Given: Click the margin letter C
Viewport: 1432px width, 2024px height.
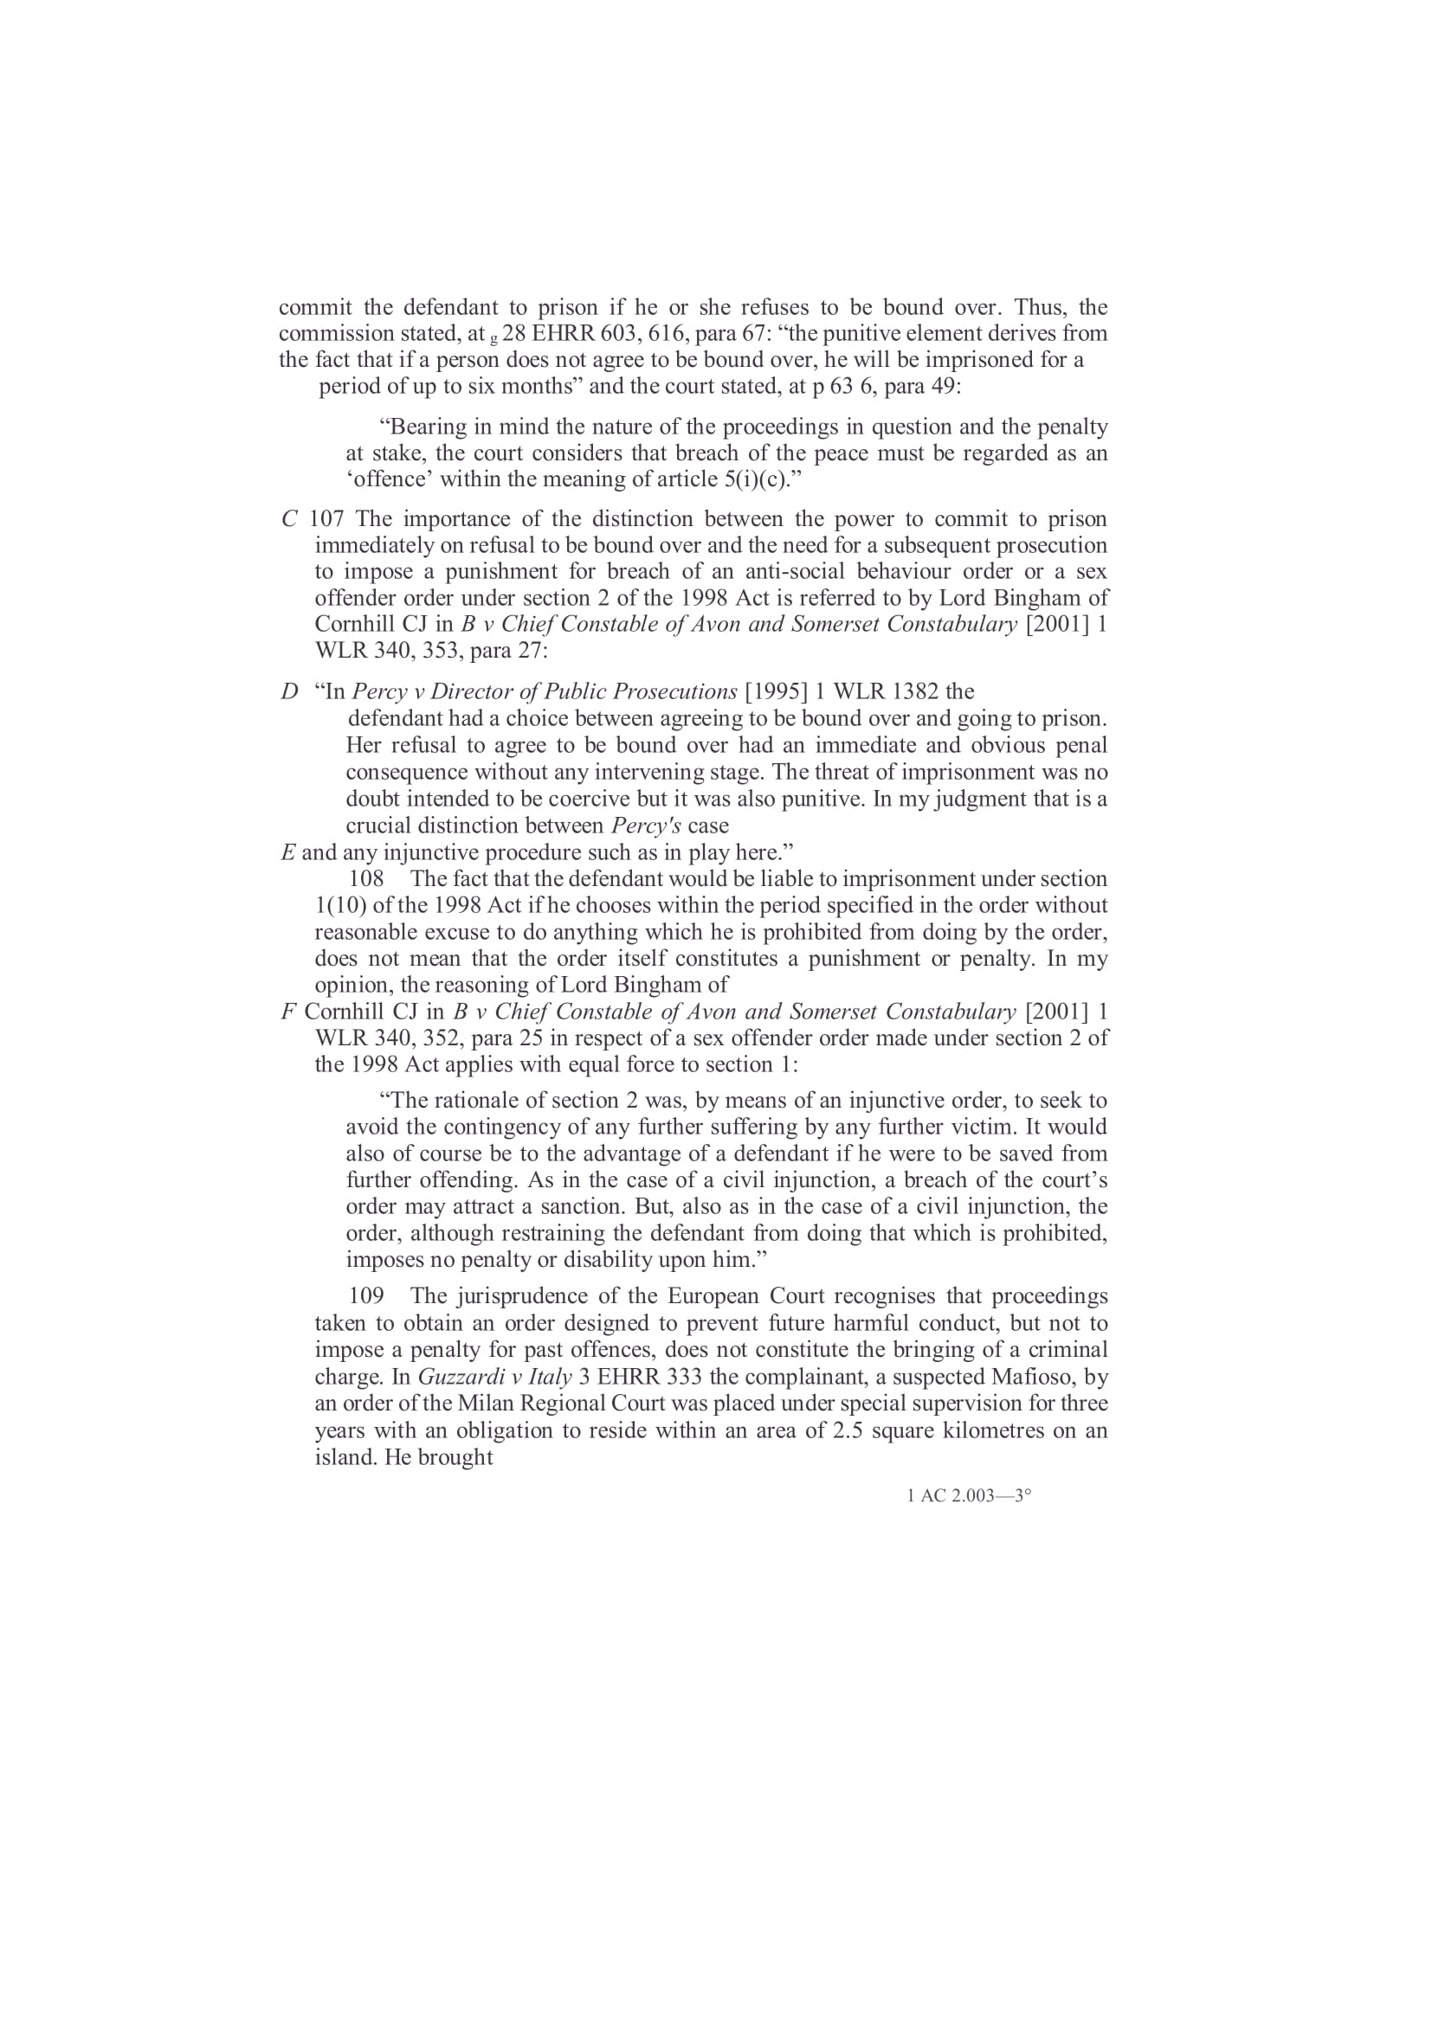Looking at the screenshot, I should coord(289,519).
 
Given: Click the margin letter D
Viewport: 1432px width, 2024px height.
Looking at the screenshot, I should coord(289,691).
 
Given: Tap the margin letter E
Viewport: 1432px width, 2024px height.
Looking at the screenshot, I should coord(287,852).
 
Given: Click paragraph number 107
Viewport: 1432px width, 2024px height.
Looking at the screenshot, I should coord(326,518).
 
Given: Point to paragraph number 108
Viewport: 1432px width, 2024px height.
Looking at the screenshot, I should coord(367,879).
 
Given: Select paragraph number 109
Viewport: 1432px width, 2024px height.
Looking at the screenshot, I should coord(367,1296).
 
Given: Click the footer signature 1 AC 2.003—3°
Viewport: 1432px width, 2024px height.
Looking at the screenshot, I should coord(969,1496).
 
